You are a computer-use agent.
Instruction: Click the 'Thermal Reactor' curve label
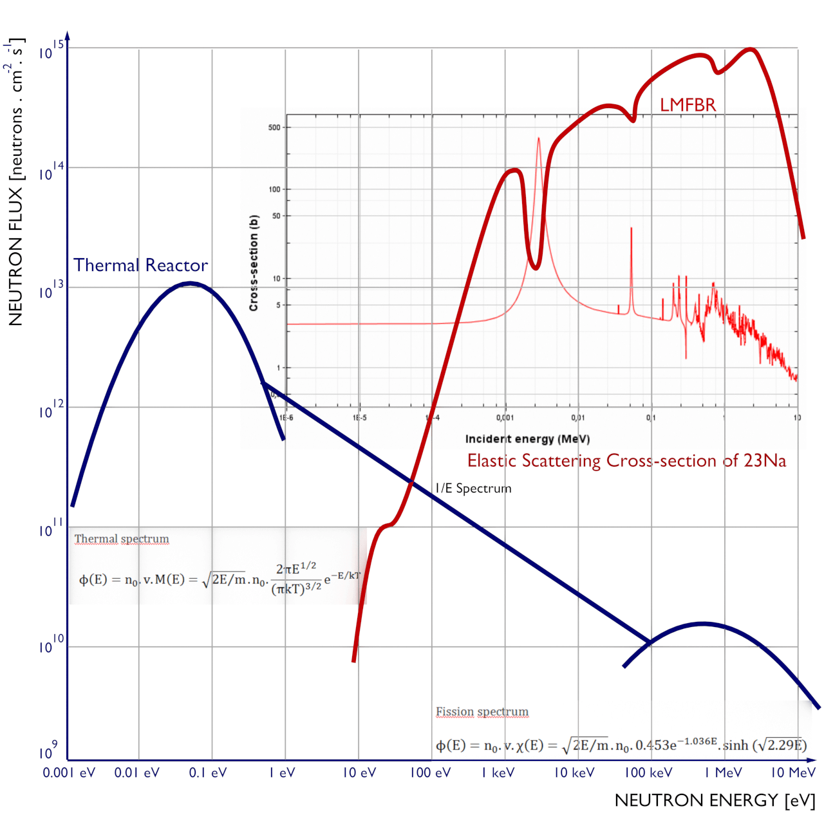(x=140, y=265)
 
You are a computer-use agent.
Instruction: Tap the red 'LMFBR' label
(x=688, y=105)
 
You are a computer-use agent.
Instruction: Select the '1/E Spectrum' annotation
(x=473, y=489)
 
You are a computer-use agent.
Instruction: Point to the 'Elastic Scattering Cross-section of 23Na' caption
(x=626, y=461)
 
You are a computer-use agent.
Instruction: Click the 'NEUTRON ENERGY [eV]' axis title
(x=715, y=800)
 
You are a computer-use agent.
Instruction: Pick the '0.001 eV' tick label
(x=69, y=772)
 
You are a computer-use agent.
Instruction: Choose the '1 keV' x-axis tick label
(x=498, y=772)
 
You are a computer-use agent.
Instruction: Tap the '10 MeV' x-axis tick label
(x=793, y=772)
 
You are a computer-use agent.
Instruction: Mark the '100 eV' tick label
(x=430, y=772)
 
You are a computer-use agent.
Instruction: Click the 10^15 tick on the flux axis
(x=51, y=50)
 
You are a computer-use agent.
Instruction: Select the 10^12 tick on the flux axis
(x=51, y=410)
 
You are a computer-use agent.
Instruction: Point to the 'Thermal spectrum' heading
(x=122, y=539)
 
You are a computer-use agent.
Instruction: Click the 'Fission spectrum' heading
(x=482, y=711)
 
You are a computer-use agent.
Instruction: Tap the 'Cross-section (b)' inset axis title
(x=254, y=263)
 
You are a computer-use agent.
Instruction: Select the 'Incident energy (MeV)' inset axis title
(x=527, y=439)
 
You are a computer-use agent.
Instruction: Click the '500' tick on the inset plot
(x=274, y=127)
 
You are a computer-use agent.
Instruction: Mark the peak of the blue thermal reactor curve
(x=190, y=283)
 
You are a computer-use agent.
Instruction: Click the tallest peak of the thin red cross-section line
(x=539, y=138)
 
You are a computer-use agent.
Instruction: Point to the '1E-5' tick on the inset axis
(x=359, y=418)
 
